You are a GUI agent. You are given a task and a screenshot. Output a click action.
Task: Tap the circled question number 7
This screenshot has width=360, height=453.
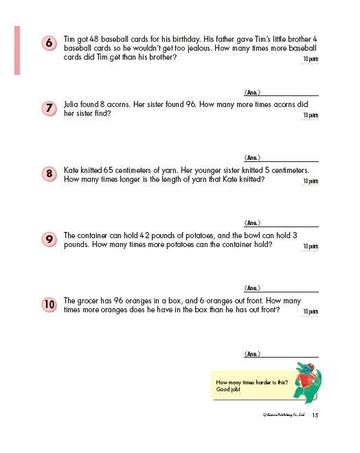[x=49, y=108]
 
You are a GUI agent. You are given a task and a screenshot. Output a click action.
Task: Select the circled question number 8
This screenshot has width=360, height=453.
[x=49, y=174]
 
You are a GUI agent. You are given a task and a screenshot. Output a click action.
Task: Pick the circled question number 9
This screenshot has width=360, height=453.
[x=49, y=239]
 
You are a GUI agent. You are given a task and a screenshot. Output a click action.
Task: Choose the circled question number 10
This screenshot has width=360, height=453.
[x=49, y=304]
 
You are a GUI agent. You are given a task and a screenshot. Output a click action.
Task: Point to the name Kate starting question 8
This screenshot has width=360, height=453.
[x=71, y=169]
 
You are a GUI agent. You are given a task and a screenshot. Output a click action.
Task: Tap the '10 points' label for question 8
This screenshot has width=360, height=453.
[x=311, y=181]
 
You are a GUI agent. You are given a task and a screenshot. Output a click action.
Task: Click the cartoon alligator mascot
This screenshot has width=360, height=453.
[x=308, y=382]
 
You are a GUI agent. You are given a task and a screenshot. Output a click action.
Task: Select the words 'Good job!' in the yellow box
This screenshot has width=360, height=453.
[x=227, y=389]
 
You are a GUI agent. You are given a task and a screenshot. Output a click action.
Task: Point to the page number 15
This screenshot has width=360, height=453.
[x=315, y=415]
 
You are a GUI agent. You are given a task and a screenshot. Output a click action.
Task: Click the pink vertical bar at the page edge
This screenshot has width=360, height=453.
[x=16, y=50]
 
